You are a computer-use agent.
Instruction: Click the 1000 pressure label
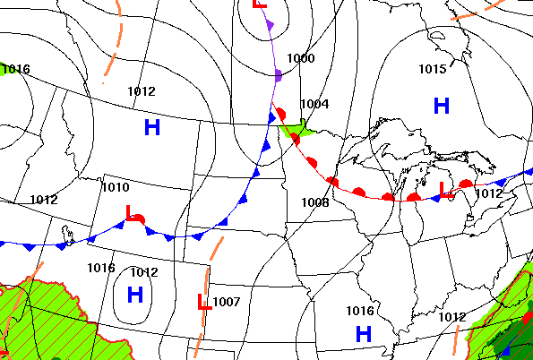301,59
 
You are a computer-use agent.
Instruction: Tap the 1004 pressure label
314,104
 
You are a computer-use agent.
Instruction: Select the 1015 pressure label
432,69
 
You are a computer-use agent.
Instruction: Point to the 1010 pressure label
115,187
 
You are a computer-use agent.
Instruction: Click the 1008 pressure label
314,202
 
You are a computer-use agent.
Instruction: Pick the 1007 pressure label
227,302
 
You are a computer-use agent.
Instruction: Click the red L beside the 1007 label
203,303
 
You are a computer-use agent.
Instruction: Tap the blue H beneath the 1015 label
441,106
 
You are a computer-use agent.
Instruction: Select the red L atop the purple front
259,4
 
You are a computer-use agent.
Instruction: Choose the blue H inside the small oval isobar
135,294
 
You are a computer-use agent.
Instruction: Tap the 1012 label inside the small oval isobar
143,272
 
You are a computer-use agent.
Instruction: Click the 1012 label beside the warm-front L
488,193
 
